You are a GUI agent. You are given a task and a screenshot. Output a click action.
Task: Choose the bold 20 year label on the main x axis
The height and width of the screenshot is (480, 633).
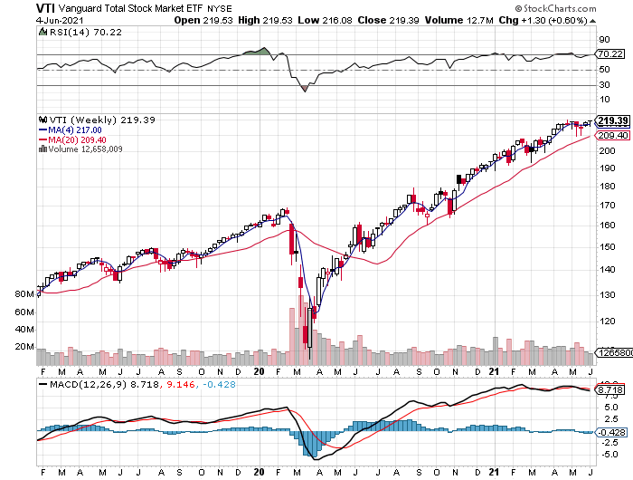point(259,371)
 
